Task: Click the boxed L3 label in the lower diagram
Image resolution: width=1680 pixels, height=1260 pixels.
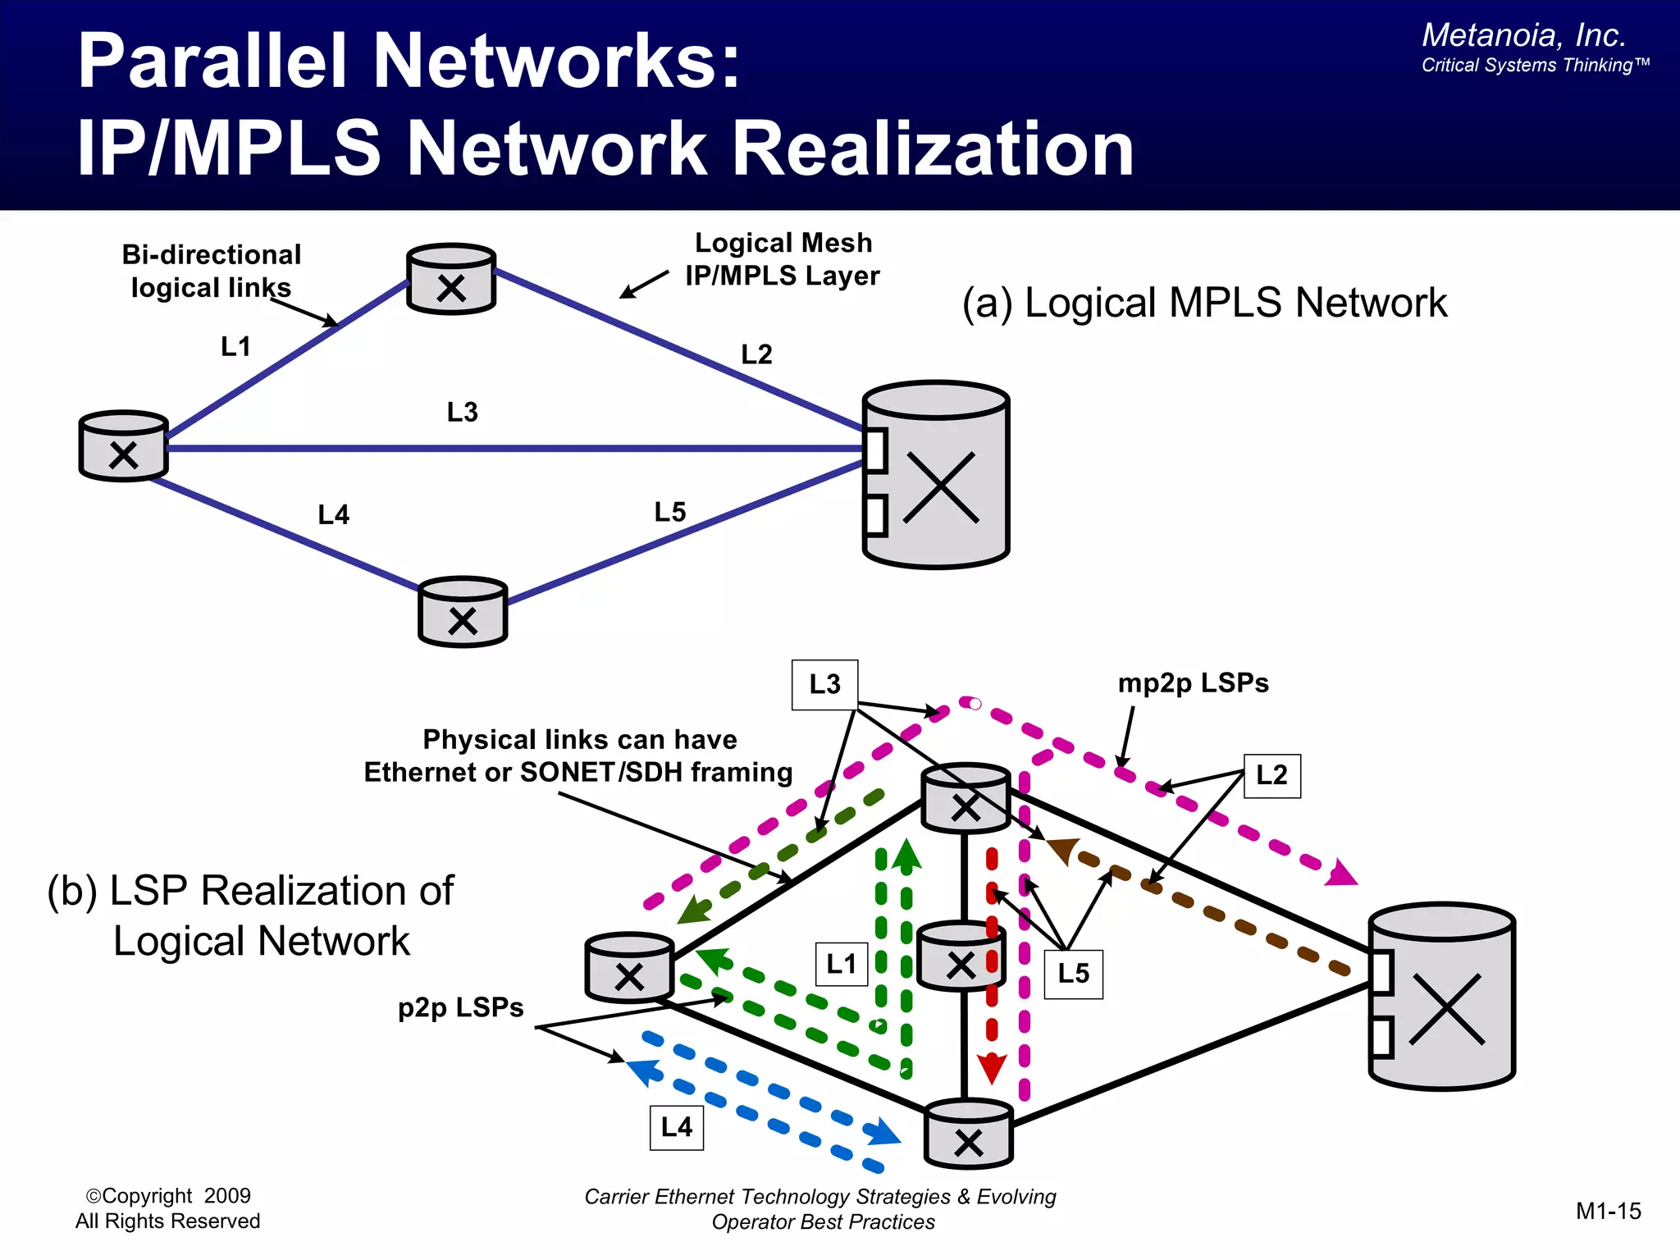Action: tap(824, 684)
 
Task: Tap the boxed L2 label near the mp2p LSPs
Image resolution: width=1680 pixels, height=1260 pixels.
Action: tap(1271, 775)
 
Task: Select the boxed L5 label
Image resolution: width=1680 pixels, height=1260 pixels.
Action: tap(1073, 974)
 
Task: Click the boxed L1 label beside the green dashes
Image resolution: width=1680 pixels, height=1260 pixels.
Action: tap(841, 964)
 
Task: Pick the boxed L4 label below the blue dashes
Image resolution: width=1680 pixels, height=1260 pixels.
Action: tap(677, 1127)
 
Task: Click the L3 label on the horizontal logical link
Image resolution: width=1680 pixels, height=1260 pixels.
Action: tap(463, 412)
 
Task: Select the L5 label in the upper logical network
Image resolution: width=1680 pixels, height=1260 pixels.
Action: tap(670, 512)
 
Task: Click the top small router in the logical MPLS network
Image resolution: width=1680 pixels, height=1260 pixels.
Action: tap(451, 279)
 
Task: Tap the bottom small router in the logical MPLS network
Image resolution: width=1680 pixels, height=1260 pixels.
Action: tap(463, 612)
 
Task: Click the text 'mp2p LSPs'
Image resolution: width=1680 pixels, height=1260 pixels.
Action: tap(1193, 683)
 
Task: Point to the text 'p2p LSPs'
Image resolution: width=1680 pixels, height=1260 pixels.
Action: tap(460, 1007)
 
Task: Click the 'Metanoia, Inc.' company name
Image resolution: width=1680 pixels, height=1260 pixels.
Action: tap(1523, 35)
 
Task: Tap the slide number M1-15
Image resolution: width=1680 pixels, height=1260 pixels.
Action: tap(1608, 1211)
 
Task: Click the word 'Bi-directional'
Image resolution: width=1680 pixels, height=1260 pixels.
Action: tap(212, 255)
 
